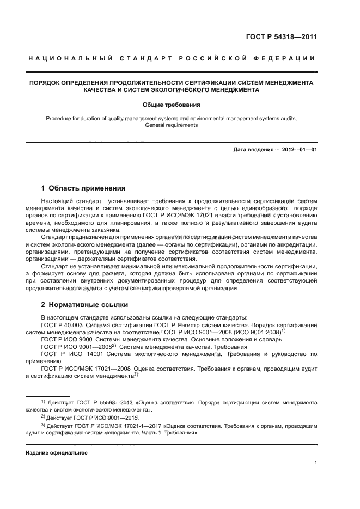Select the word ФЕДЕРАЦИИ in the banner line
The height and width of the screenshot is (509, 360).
coord(290,59)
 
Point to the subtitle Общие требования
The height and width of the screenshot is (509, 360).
coord(172,104)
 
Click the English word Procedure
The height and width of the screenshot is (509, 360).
coord(59,117)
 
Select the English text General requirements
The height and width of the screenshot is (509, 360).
coord(172,125)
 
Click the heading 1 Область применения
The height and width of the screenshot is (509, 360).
coord(83,188)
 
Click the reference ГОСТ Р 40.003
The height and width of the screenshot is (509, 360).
coord(59,324)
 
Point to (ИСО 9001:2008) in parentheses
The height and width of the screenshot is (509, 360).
coord(277,332)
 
